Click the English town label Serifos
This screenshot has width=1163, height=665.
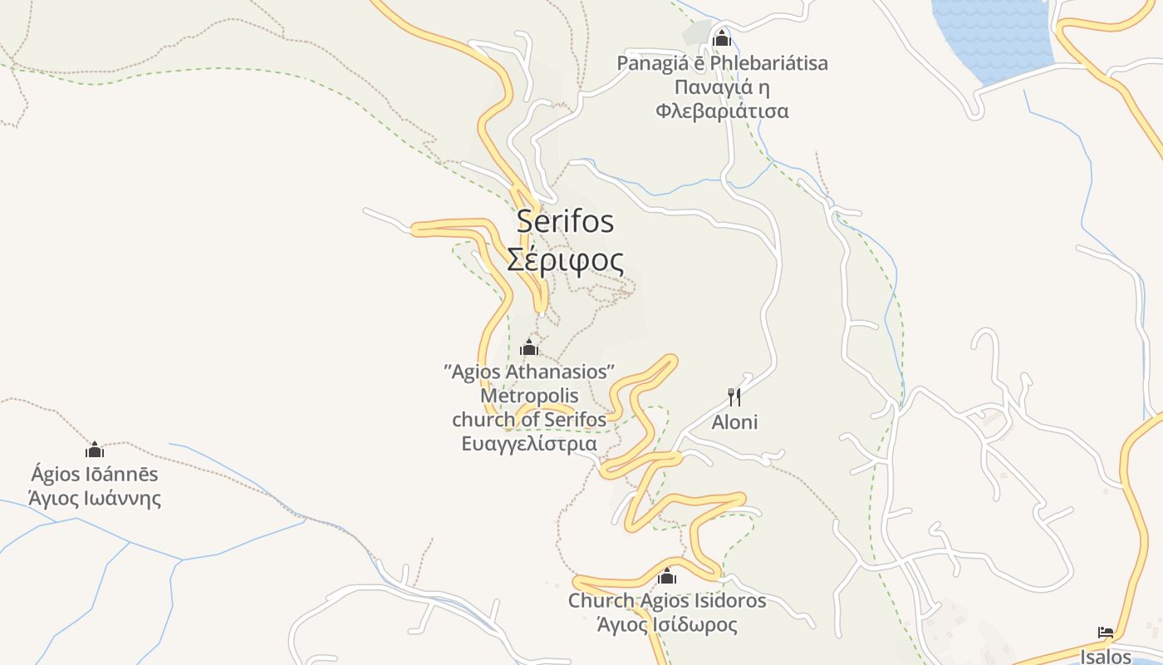pos(565,221)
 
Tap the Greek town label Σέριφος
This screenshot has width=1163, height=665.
pos(565,260)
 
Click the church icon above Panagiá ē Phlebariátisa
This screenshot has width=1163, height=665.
pos(721,38)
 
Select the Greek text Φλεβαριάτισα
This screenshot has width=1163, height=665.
pos(721,111)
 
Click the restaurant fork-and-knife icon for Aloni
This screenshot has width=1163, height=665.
pos(734,397)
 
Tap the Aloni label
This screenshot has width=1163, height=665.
pos(734,422)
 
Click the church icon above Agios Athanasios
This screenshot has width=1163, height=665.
pos(528,347)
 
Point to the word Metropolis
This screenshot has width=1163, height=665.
pos(529,396)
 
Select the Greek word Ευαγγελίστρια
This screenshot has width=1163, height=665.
pos(529,444)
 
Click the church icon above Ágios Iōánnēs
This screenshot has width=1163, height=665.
pos(95,450)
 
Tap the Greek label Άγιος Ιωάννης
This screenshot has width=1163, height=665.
pos(95,499)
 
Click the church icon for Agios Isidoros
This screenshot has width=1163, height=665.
pos(666,576)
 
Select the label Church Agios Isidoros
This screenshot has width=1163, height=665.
pos(666,600)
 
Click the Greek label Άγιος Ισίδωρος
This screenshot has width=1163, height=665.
pos(666,624)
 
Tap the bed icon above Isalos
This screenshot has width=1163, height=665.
pos(1105,633)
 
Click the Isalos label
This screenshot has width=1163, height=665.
pos(1105,657)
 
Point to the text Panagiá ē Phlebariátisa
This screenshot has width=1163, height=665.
pos(721,63)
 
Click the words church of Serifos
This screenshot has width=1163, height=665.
pos(529,420)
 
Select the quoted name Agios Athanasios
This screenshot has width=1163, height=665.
pos(529,371)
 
